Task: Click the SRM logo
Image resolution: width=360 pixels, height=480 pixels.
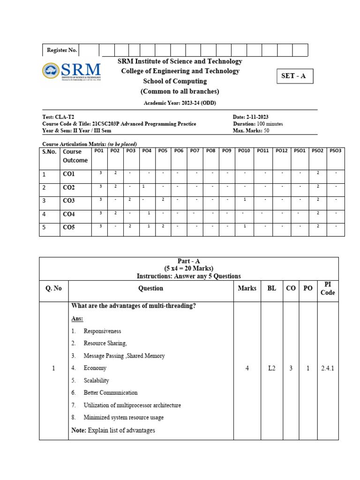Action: click(72, 71)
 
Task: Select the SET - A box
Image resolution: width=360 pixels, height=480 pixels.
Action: click(293, 76)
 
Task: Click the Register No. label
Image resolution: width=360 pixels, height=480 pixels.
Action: click(61, 50)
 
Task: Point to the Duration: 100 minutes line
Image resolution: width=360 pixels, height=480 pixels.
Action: click(257, 124)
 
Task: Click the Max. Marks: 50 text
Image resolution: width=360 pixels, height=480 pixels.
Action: click(251, 131)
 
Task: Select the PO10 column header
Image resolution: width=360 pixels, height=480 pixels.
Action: click(244, 151)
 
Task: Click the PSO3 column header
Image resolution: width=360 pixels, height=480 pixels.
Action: click(335, 151)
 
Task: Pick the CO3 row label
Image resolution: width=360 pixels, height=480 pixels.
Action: click(69, 201)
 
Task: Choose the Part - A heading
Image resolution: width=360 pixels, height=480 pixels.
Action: click(189, 261)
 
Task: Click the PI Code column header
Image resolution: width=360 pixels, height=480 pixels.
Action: click(328, 288)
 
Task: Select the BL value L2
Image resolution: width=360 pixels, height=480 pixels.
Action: click(272, 368)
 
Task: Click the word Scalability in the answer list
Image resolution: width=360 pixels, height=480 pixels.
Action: click(96, 381)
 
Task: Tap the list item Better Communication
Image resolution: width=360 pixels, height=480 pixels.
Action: click(111, 393)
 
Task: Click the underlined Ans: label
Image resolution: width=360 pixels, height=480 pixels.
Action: click(77, 319)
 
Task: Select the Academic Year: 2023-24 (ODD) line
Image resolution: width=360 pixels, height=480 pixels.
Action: click(180, 103)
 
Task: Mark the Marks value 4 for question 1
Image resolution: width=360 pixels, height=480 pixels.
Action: click(247, 368)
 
